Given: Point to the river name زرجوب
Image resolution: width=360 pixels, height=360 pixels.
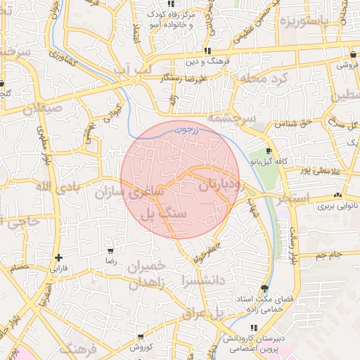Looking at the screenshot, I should [205, 130].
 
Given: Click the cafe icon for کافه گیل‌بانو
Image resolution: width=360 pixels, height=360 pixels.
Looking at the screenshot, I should [269, 151].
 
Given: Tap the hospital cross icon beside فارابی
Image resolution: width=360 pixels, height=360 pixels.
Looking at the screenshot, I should [58, 257].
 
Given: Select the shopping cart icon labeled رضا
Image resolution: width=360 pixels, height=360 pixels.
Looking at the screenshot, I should [110, 250].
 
